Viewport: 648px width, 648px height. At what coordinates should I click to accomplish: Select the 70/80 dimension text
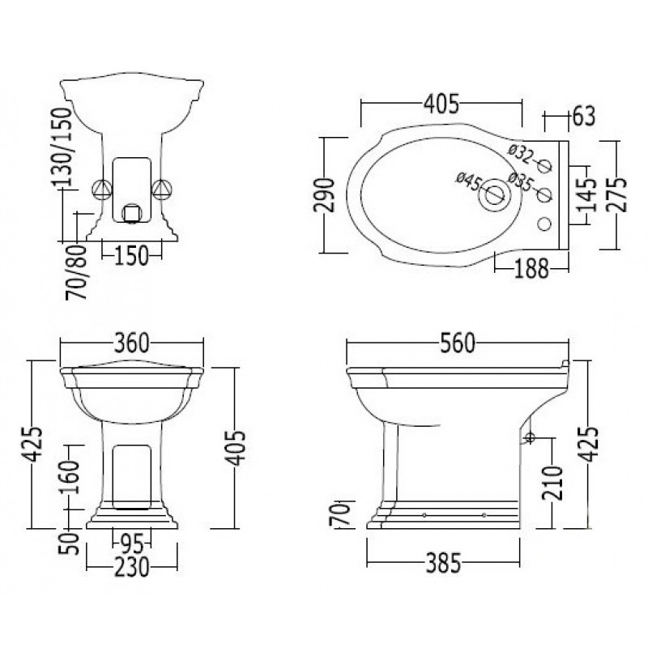coord(77,272)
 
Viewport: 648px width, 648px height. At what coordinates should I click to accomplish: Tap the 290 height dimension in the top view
coord(323,195)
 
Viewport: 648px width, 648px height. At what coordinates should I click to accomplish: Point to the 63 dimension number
coord(584,116)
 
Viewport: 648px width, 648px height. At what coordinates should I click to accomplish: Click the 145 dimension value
coord(586,195)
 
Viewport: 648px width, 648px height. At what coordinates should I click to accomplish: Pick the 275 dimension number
coord(616,195)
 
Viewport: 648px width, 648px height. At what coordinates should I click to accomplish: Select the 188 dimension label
coord(531,269)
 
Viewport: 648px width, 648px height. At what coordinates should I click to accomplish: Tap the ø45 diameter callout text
coord(468,181)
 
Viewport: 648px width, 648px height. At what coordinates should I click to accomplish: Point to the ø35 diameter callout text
coord(520,181)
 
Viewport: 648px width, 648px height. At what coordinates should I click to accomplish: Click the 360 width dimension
coord(131,343)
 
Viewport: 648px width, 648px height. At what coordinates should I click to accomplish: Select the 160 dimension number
coord(69,477)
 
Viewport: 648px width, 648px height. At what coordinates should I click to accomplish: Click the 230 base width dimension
coord(131,567)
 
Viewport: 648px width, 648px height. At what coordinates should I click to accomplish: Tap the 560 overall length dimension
coord(458,343)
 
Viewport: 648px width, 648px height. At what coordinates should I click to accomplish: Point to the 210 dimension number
coord(553,483)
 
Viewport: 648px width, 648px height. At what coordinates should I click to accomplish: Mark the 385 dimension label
coord(443,563)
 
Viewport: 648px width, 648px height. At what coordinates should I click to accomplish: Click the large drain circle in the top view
coord(494,195)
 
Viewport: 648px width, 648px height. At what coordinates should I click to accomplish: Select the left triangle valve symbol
coord(102,190)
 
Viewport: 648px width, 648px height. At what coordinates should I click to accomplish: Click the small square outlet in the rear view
coord(132,213)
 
